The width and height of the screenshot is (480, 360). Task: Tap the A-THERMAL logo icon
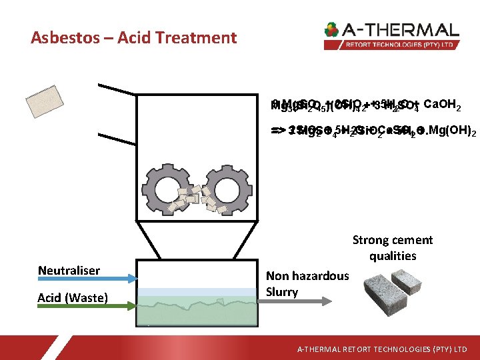(x=331, y=30)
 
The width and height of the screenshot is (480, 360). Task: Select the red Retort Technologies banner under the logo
(x=391, y=45)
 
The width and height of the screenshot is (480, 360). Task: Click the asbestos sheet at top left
(x=48, y=102)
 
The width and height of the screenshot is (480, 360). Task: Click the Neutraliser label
(x=69, y=270)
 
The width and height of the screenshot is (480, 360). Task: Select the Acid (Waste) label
(x=73, y=297)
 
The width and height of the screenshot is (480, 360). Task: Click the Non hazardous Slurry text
(x=307, y=283)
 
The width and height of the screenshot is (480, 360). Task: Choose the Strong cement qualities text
(x=393, y=247)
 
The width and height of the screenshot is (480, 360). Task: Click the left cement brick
(x=380, y=293)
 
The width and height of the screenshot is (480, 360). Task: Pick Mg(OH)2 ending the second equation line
(x=453, y=132)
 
